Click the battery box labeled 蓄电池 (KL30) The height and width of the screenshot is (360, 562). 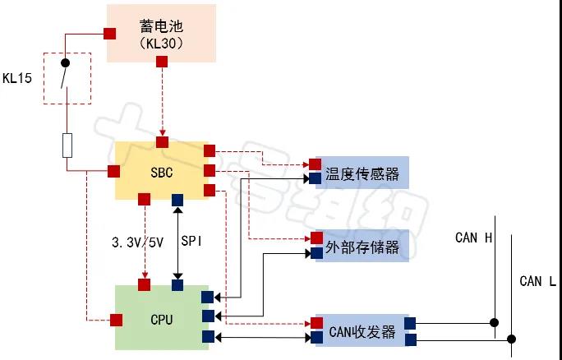(162, 32)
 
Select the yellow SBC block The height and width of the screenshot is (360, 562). (162, 170)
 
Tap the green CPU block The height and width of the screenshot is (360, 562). (162, 317)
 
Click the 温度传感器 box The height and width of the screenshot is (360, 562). (362, 173)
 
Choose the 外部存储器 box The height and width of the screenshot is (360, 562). (362, 246)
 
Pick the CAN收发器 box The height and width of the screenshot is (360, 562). (362, 331)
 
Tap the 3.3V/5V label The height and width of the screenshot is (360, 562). (136, 242)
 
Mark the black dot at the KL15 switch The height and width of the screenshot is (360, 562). (65, 62)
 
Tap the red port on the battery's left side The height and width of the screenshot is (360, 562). (108, 34)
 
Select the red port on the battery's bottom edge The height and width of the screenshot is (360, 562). (162, 62)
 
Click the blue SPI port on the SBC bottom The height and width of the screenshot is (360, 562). (177, 199)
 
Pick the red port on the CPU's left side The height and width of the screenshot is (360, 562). (116, 319)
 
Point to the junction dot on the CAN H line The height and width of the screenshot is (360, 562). (495, 323)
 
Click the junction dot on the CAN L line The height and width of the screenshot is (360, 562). (512, 338)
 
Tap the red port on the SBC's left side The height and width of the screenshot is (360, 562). (114, 171)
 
